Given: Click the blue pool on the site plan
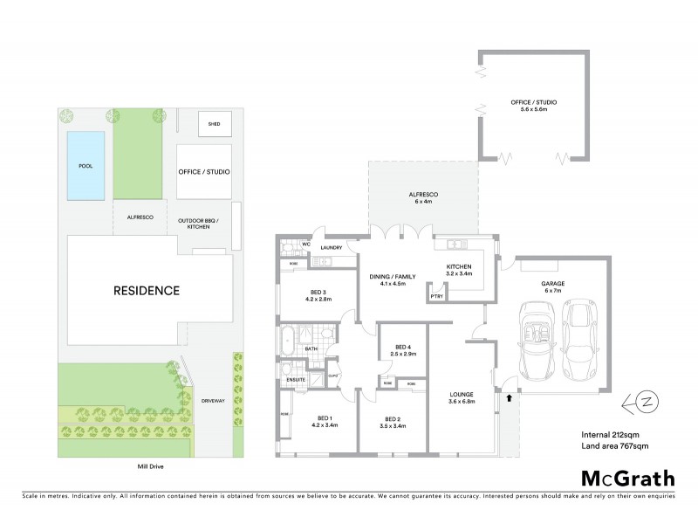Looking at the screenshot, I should (86, 164).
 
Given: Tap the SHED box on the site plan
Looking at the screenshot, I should (214, 124).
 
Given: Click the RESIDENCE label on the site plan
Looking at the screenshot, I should (146, 290).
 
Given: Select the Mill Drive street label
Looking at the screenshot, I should (146, 467).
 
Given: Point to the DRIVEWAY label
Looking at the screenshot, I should (213, 400).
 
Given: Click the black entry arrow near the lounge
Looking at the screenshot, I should (509, 397).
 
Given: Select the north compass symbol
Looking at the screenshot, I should (640, 403).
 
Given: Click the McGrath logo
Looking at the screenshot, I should (628, 478).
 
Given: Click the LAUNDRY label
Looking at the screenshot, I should (332, 248).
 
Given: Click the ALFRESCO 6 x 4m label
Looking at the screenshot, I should (422, 197).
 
